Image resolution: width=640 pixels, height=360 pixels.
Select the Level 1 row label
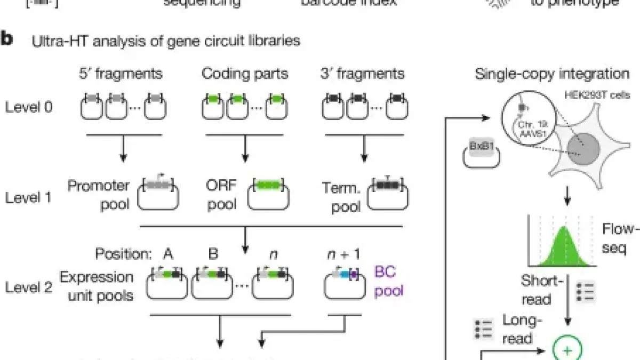coord(29,198)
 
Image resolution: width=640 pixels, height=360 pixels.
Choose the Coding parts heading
coord(245,73)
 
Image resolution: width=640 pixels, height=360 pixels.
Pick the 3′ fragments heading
coord(364,73)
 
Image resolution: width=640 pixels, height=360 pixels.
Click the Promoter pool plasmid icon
coord(158,196)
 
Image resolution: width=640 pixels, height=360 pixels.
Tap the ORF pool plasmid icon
coord(270,196)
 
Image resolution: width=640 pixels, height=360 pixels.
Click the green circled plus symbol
coord(567,351)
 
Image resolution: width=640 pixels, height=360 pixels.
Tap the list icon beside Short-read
coord(587,293)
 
